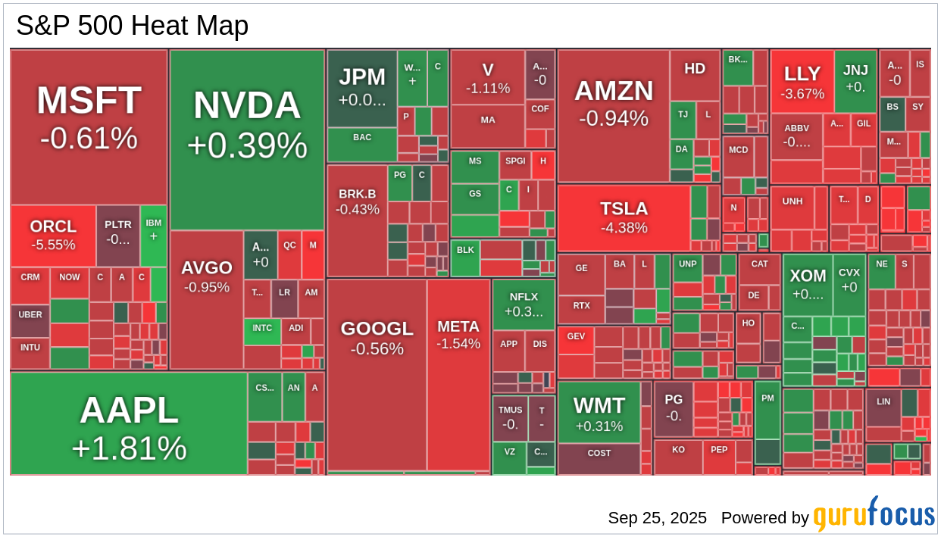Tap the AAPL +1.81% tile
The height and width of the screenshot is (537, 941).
click(x=129, y=424)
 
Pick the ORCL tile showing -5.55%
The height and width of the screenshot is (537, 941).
click(x=53, y=235)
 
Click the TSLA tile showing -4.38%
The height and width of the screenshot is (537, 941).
click(x=624, y=217)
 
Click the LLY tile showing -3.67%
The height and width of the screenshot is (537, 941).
click(x=802, y=82)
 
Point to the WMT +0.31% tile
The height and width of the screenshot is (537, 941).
click(x=599, y=413)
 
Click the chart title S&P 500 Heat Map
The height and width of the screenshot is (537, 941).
click(x=133, y=27)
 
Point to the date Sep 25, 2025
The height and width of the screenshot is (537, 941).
click(x=657, y=518)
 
